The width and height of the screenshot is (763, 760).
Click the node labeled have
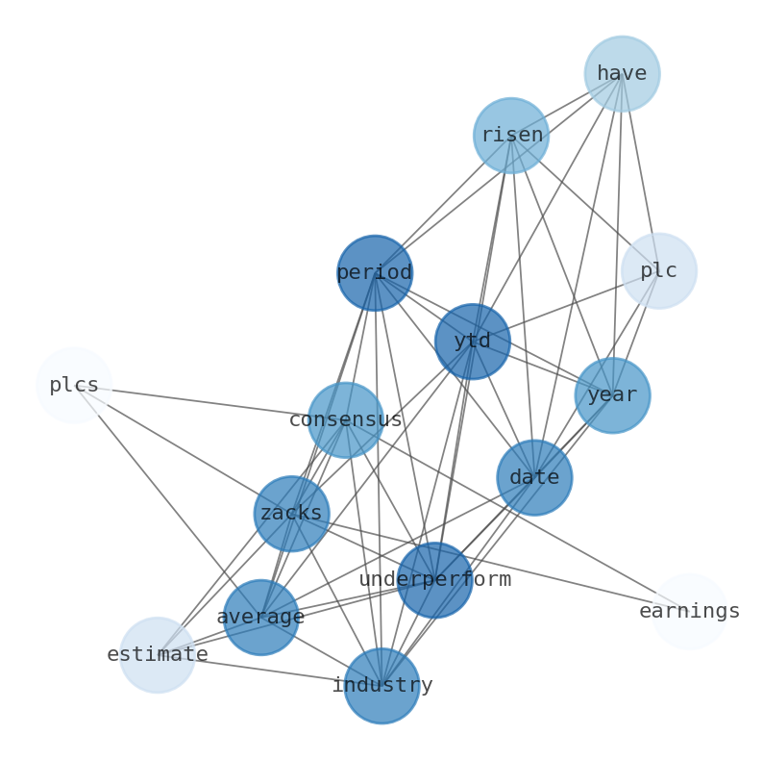622,74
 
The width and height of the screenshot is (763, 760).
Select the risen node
510,136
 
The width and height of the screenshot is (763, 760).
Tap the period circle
375,273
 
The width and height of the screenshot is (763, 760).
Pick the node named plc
658,271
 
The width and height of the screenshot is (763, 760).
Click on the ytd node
472,342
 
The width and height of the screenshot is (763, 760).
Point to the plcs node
74,386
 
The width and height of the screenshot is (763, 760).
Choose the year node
612,395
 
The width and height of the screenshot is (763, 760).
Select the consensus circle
345,420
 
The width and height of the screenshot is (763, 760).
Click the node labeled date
534,477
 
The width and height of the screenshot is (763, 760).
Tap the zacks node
291,514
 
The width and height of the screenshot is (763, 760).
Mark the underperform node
434,580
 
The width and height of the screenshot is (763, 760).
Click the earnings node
689,611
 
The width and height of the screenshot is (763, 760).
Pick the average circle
260,618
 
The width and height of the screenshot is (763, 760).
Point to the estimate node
158,655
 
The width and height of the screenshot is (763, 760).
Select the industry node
381,686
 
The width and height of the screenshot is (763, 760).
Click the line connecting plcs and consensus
209,403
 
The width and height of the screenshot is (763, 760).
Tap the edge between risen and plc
584,203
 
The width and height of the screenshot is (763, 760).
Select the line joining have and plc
640,172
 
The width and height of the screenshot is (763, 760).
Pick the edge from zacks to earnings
490,563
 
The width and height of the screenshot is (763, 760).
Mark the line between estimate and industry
269,671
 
